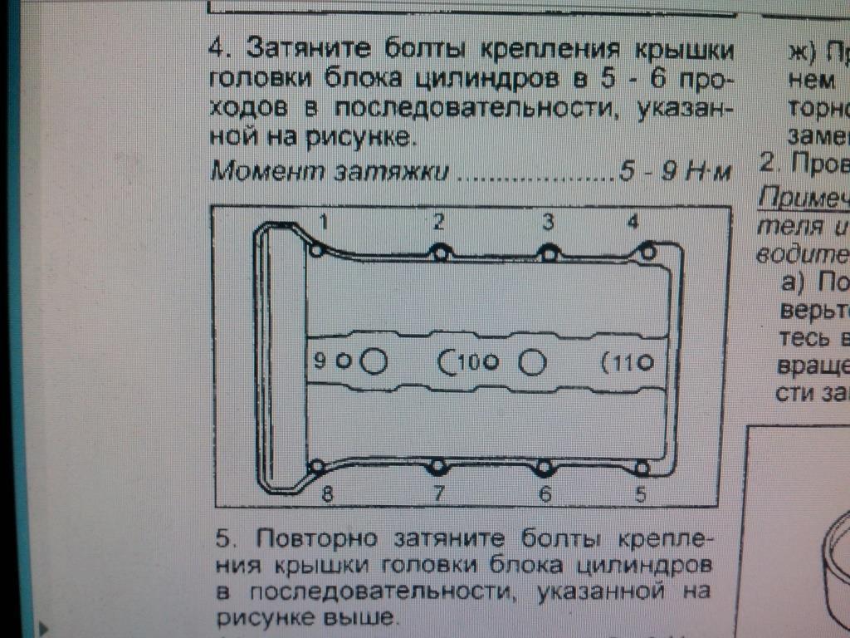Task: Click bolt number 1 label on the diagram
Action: coord(325,222)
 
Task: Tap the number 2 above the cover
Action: coord(438,222)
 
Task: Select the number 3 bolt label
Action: coord(547,222)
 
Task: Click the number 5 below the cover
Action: coord(640,494)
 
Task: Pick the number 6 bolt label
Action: coord(545,494)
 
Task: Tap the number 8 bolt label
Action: coord(327,494)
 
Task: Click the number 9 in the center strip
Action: coord(319,361)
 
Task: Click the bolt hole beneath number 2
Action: coord(441,253)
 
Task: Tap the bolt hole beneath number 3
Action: coord(548,253)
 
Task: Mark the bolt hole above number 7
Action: coord(438,467)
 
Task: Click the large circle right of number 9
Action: coord(375,361)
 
